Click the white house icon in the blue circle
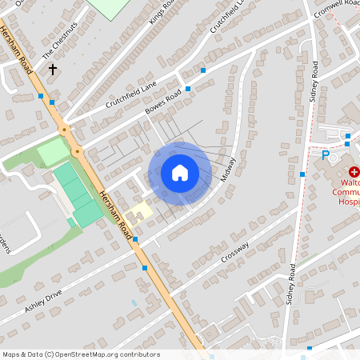[179, 173]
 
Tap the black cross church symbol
[54, 70]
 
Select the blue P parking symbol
[326, 155]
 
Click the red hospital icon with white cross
[354, 171]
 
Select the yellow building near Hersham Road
[139, 212]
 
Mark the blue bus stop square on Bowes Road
[188, 88]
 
